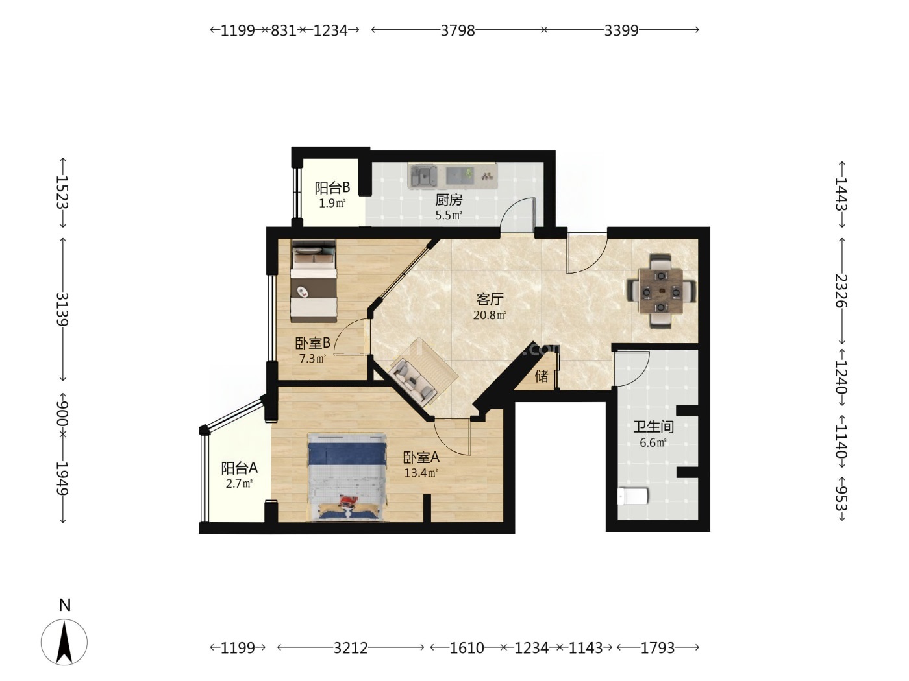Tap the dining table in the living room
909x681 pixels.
click(x=661, y=291)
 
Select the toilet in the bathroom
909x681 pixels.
click(x=632, y=496)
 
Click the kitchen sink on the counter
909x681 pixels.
click(x=423, y=176)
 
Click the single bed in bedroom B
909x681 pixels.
click(x=314, y=281)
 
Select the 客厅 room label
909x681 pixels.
click(x=490, y=299)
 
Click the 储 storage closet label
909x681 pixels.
click(x=542, y=376)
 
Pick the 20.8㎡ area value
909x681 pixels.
click(x=490, y=315)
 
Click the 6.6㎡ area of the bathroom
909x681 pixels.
click(x=653, y=443)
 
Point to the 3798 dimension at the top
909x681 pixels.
click(x=458, y=30)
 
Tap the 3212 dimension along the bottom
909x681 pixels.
click(x=351, y=648)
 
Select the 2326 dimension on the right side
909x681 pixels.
click(x=841, y=291)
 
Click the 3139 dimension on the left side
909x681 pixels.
click(x=62, y=309)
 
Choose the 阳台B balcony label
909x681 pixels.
click(x=332, y=187)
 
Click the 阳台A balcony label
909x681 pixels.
click(x=240, y=468)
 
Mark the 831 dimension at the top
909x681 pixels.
click(x=284, y=30)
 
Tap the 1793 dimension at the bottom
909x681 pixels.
click(x=658, y=648)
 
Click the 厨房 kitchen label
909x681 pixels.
click(x=449, y=200)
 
